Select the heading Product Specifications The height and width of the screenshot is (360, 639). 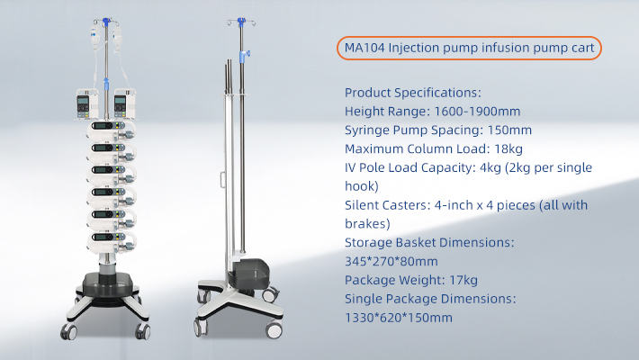coord(413,92)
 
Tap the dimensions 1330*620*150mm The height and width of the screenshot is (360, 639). coord(399,319)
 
